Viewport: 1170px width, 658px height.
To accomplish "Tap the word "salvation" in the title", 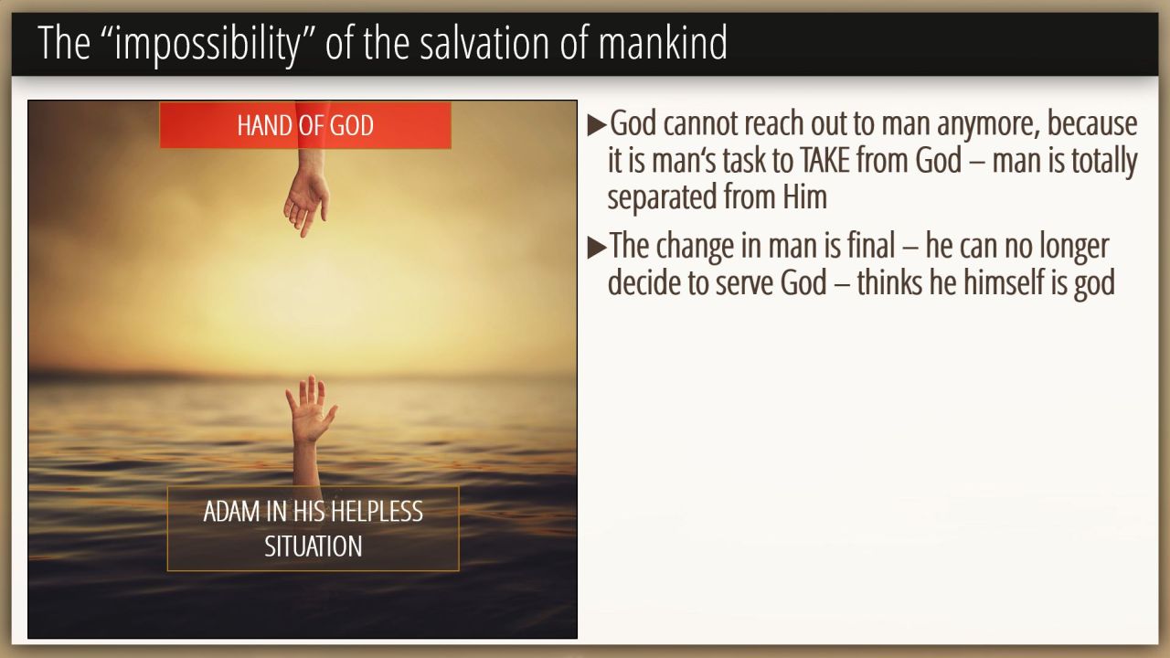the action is coord(484,43).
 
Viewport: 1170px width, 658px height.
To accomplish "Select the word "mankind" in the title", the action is coord(663,43).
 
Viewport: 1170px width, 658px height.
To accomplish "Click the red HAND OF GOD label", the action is coord(305,125).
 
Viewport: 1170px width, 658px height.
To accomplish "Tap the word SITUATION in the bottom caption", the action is coord(313,547).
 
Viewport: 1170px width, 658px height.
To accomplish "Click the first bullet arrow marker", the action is coord(597,125).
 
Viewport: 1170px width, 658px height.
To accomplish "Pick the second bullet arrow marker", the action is coord(597,248).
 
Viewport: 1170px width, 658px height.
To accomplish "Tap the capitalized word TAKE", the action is coord(824,160).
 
